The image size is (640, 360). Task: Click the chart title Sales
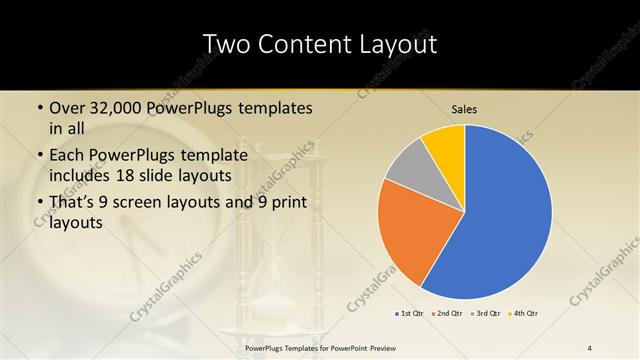point(463,109)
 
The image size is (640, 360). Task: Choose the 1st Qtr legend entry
point(410,314)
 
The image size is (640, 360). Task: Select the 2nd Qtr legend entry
point(446,314)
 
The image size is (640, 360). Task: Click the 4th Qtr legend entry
point(525,314)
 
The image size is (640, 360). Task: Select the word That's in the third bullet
point(74,203)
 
